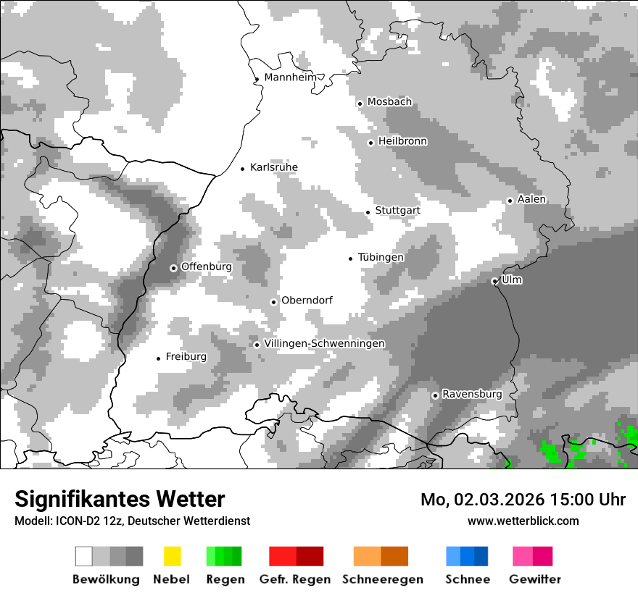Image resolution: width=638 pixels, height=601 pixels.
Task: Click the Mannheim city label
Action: click(291, 77)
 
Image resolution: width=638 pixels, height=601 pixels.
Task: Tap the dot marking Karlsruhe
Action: click(243, 169)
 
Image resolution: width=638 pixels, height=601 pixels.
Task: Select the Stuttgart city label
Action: click(397, 211)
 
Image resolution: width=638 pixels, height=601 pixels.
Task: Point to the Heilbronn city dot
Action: click(370, 143)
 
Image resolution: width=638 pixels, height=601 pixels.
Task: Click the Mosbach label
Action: click(389, 102)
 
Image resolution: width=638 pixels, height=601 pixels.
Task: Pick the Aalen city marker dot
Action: click(510, 201)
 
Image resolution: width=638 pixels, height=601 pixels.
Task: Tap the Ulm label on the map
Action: click(512, 280)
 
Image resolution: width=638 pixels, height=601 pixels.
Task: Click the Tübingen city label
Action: click(381, 258)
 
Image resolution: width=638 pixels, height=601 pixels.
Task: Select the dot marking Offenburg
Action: click(173, 268)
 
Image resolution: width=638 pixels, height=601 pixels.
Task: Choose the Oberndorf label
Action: click(307, 300)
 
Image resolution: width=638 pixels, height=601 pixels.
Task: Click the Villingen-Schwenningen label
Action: click(325, 344)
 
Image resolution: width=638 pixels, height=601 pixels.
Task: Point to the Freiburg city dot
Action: click(158, 358)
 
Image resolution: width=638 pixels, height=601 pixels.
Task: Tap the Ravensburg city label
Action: click(472, 395)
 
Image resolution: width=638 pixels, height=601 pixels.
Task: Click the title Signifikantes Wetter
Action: click(120, 499)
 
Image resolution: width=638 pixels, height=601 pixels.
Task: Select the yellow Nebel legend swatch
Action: click(172, 556)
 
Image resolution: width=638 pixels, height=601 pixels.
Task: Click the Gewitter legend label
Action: click(535, 579)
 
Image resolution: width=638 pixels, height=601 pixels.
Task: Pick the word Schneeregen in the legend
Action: click(383, 579)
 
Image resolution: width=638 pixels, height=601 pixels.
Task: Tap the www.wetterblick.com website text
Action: click(523, 521)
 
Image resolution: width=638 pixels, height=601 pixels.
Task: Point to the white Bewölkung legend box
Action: click(84, 556)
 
